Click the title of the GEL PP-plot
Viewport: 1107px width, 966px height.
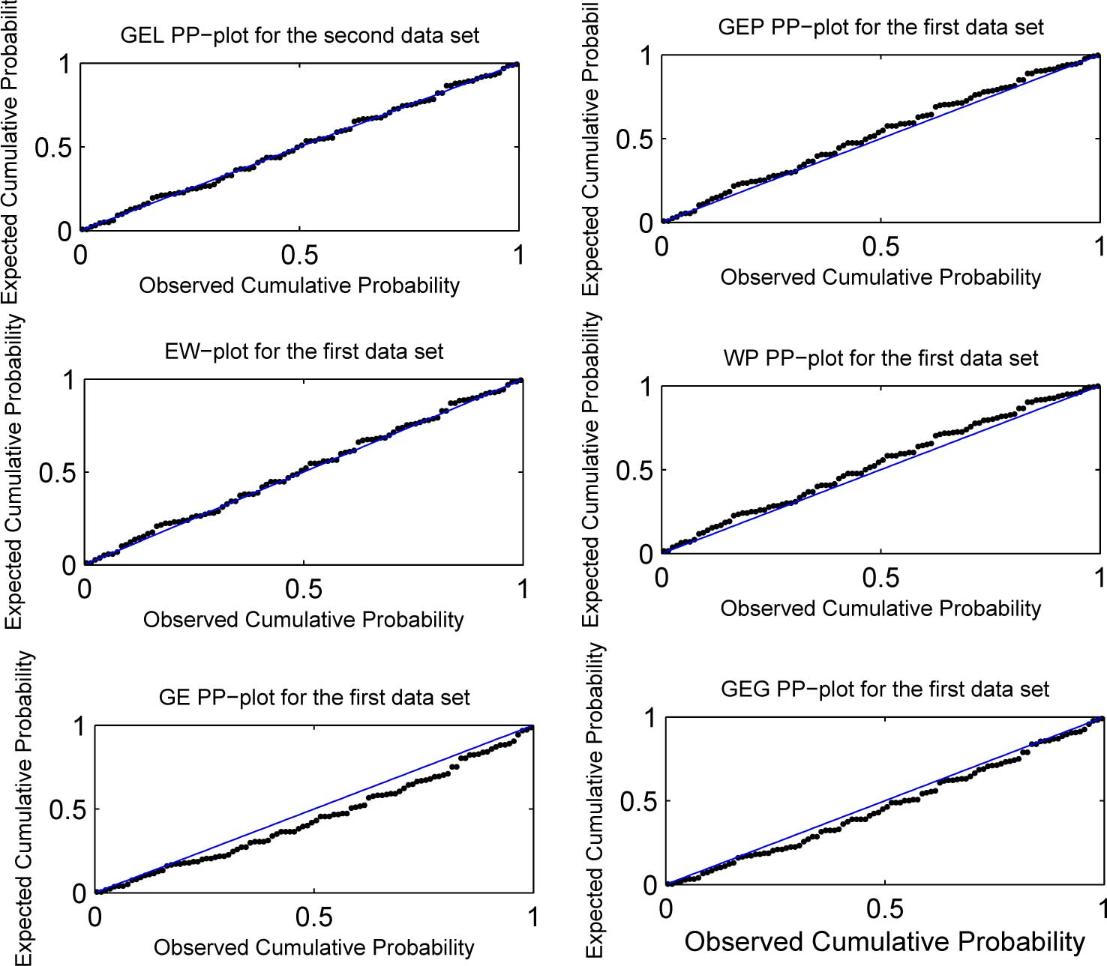pyautogui.click(x=299, y=35)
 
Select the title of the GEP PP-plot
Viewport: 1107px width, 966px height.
pyautogui.click(x=880, y=27)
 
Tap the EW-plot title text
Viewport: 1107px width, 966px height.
pyautogui.click(x=304, y=351)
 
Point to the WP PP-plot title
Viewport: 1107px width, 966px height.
pyautogui.click(x=880, y=358)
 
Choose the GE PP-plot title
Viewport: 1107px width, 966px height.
pyautogui.click(x=314, y=698)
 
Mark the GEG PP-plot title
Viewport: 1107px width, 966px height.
pyautogui.click(x=885, y=689)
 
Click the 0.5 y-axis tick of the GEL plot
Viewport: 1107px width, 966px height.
pyautogui.click(x=53, y=148)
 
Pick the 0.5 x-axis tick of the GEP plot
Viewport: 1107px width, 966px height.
pyautogui.click(x=880, y=247)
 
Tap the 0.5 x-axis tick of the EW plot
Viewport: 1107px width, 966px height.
pyautogui.click(x=304, y=589)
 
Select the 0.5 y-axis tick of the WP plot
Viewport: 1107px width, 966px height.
pyautogui.click(x=634, y=471)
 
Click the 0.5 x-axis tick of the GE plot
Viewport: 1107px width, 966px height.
pyautogui.click(x=313, y=917)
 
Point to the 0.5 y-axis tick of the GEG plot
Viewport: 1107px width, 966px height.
pyautogui.click(x=638, y=802)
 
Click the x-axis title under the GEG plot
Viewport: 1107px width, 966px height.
pyautogui.click(x=885, y=942)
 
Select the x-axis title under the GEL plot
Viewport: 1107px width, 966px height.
pyautogui.click(x=299, y=286)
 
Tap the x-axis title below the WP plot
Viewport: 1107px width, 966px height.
pyautogui.click(x=880, y=609)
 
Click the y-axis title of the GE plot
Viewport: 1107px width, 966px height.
pyautogui.click(x=25, y=808)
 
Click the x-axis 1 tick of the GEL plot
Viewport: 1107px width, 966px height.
pyautogui.click(x=518, y=256)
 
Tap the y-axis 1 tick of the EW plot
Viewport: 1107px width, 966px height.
pyautogui.click(x=68, y=381)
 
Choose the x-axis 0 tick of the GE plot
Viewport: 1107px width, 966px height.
pyautogui.click(x=95, y=917)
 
